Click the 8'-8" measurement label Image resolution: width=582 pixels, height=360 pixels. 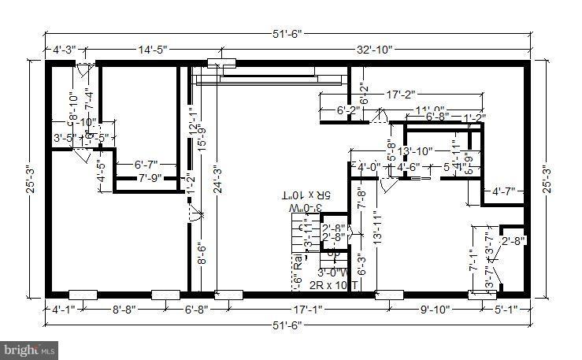(x=124, y=310)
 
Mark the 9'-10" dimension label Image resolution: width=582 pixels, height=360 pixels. (x=432, y=310)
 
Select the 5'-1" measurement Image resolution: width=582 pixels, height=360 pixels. (x=506, y=310)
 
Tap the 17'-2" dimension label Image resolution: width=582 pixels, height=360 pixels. (x=400, y=95)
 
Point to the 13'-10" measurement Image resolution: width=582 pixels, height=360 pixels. (x=416, y=151)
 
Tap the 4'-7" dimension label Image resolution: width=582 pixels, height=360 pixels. (x=504, y=191)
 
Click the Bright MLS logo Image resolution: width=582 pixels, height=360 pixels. (x=30, y=347)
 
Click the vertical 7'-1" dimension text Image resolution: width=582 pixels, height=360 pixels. (x=473, y=261)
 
